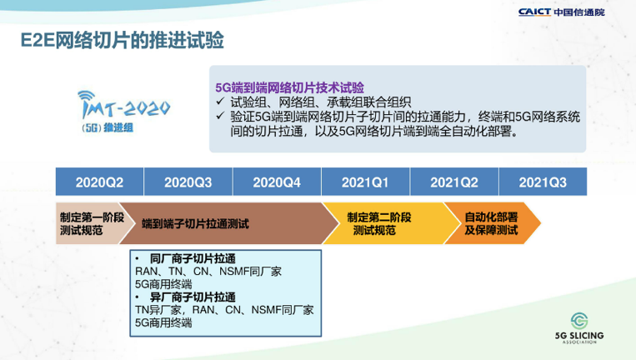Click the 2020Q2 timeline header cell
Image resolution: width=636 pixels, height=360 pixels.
point(99,182)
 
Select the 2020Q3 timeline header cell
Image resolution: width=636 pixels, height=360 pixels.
point(188,182)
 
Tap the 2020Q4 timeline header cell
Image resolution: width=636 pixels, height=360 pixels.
point(277,182)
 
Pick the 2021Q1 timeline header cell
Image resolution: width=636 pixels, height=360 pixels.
point(365,182)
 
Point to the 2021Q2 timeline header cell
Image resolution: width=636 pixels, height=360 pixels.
point(454,182)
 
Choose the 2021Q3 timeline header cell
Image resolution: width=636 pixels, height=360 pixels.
point(543,182)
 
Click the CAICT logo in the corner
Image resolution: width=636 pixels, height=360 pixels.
point(561,12)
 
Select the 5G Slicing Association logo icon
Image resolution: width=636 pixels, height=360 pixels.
point(579,321)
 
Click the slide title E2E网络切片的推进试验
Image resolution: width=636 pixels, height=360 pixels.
point(122,41)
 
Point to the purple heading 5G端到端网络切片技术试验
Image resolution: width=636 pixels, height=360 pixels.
point(289,87)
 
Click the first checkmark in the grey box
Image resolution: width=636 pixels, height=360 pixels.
point(220,101)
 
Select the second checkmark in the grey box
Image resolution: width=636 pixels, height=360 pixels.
point(220,116)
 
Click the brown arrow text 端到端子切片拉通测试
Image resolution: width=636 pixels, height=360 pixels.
point(195,224)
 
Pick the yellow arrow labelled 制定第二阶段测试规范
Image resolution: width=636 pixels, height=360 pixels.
point(383,223)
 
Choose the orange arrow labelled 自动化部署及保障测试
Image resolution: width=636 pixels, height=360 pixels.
point(492,223)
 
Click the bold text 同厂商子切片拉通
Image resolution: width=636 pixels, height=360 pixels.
point(193,258)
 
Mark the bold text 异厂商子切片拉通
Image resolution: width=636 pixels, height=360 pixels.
point(193,297)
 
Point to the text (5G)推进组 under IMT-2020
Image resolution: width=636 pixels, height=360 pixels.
point(108,127)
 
